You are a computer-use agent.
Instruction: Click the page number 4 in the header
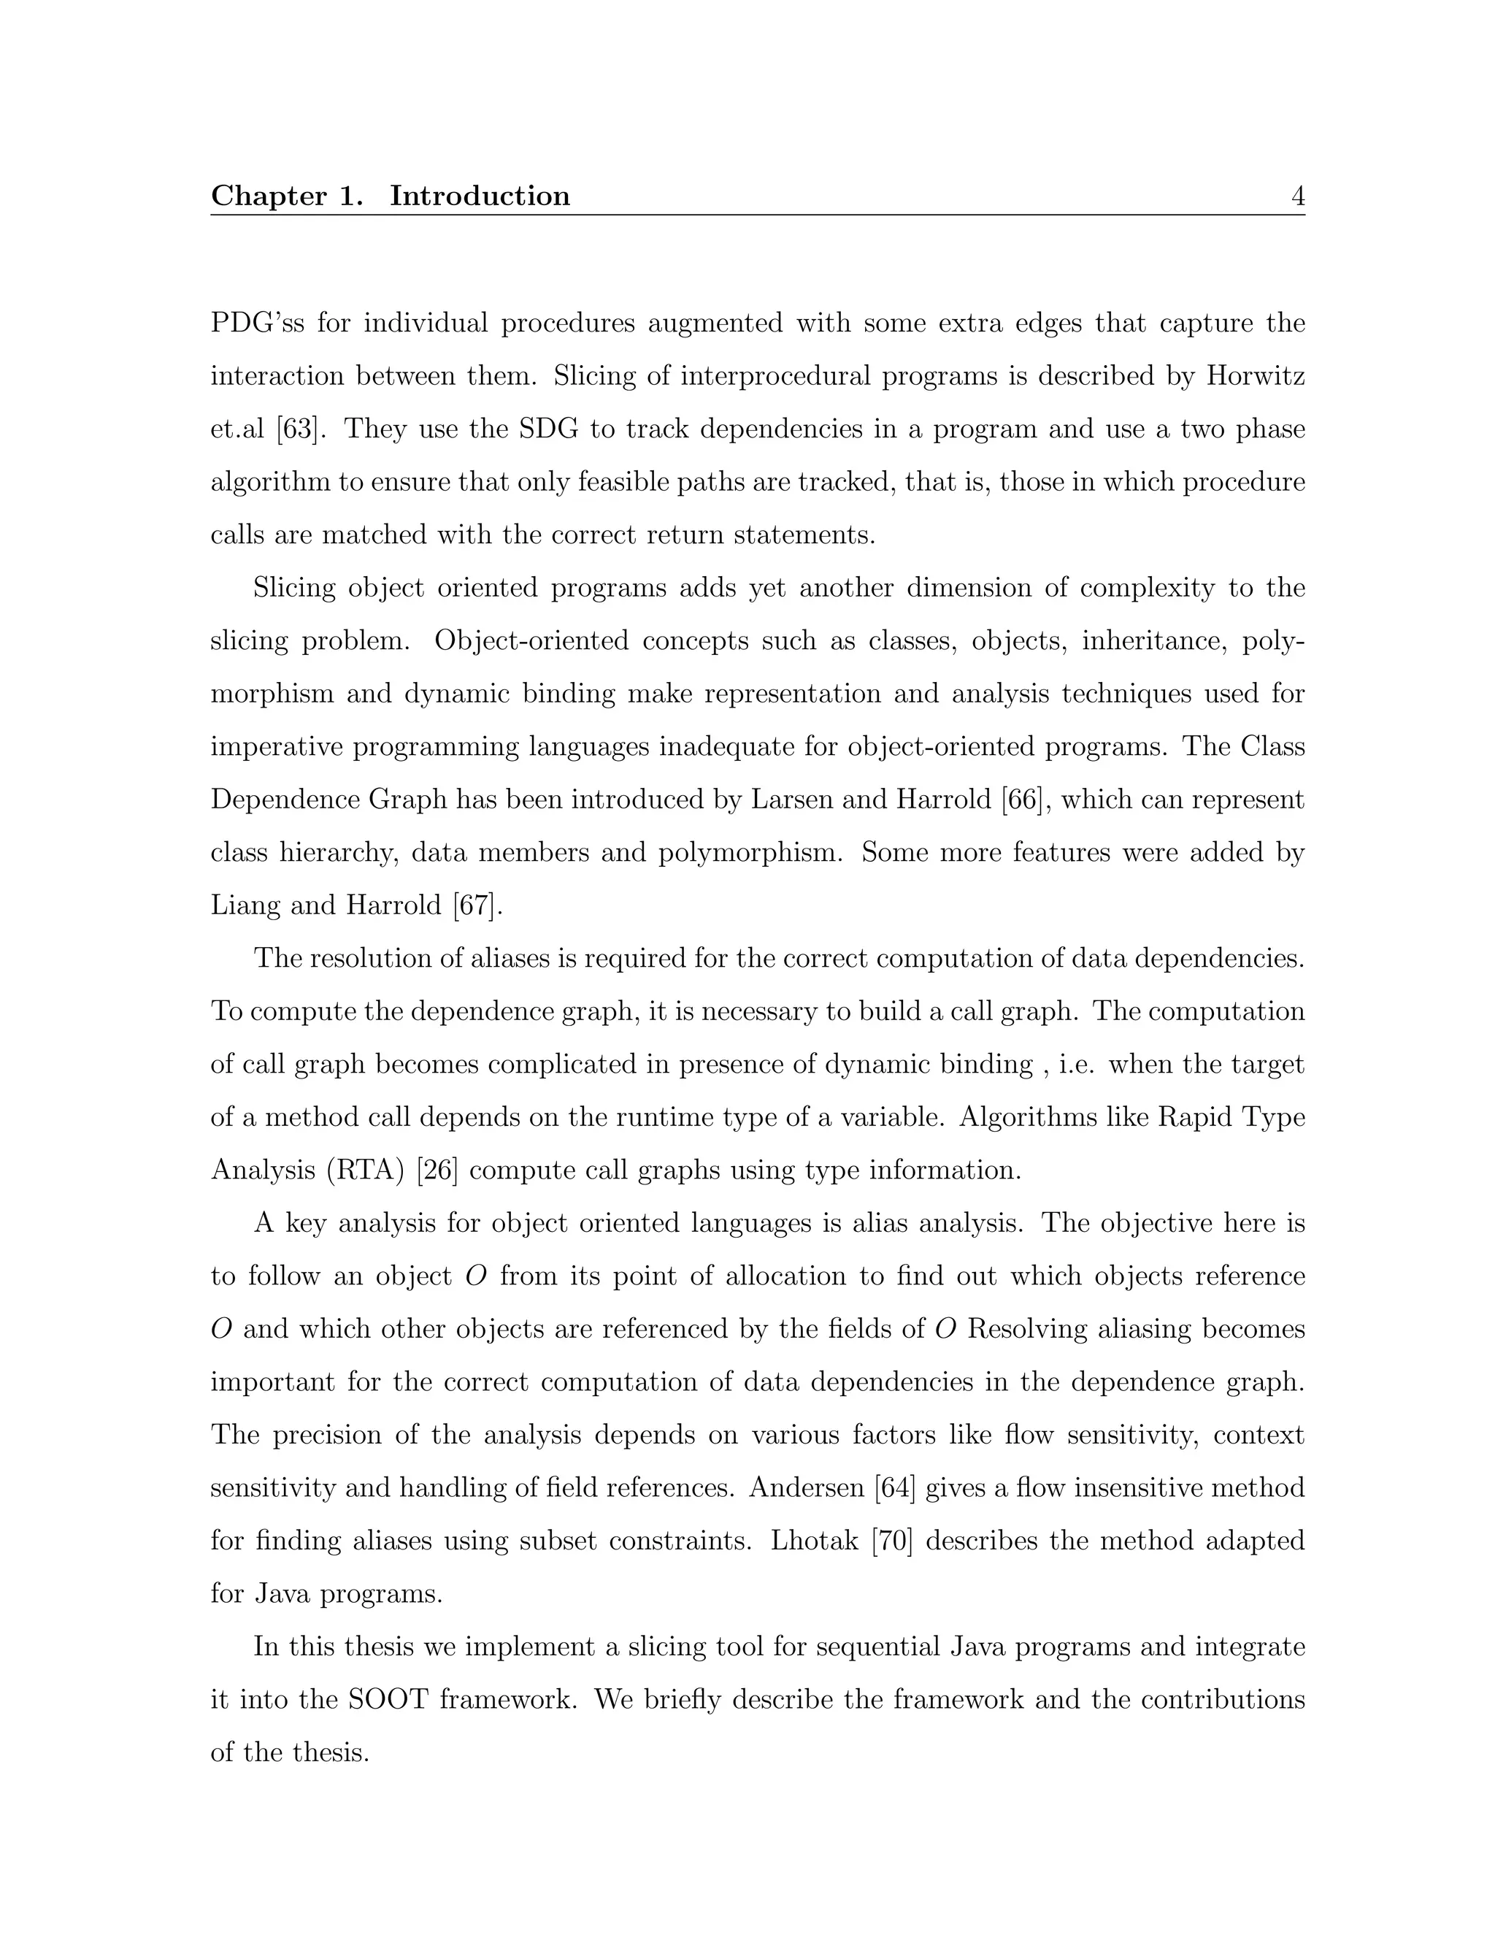pyautogui.click(x=1297, y=196)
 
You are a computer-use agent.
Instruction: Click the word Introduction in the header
pyautogui.click(x=480, y=196)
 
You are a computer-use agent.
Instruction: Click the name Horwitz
pyautogui.click(x=1255, y=377)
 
